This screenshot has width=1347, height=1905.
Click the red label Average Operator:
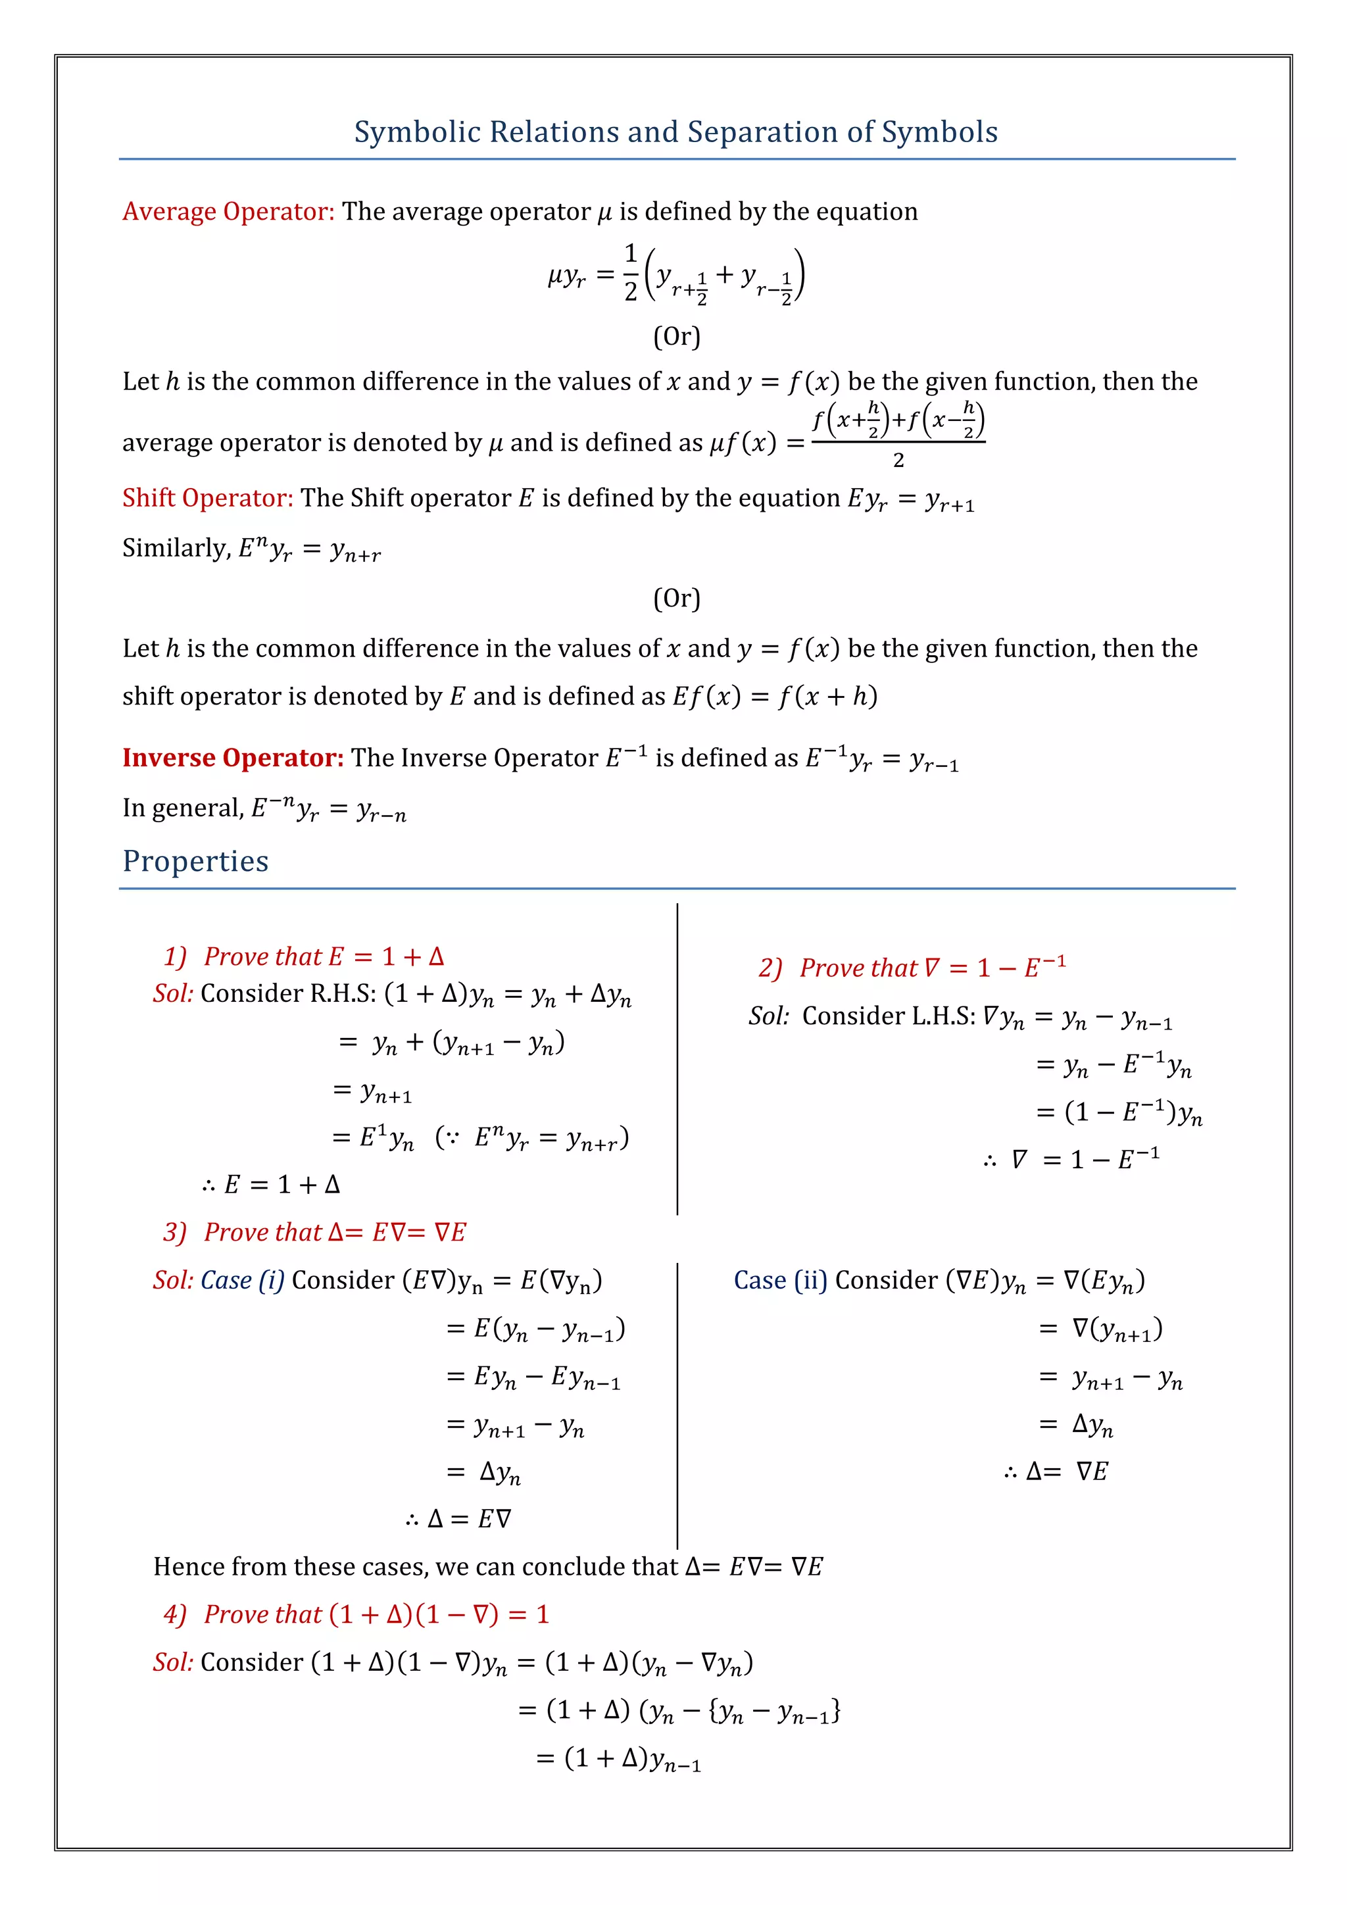click(x=228, y=212)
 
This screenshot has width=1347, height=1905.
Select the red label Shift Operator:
click(x=207, y=498)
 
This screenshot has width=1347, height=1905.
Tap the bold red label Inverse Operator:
click(x=232, y=758)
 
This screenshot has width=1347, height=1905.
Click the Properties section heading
click(x=196, y=861)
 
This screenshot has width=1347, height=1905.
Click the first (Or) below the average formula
click(x=676, y=336)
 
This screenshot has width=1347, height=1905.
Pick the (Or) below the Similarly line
click(x=676, y=598)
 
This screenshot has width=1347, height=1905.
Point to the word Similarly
click(x=176, y=547)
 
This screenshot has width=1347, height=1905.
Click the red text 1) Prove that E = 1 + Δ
click(x=304, y=956)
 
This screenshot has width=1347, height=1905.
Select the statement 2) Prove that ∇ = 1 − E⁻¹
click(x=912, y=968)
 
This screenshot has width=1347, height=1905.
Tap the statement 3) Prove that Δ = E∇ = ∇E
click(x=314, y=1232)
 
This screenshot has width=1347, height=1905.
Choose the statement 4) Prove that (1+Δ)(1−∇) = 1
click(x=356, y=1614)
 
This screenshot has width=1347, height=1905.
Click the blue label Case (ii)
click(x=779, y=1280)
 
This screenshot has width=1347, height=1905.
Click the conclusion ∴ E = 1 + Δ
click(x=271, y=1184)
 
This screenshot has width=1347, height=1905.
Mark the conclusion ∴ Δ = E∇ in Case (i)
click(x=458, y=1518)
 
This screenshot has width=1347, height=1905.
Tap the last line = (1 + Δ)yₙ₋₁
click(x=619, y=1758)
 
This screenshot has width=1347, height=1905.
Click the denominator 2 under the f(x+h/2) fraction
click(x=898, y=460)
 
